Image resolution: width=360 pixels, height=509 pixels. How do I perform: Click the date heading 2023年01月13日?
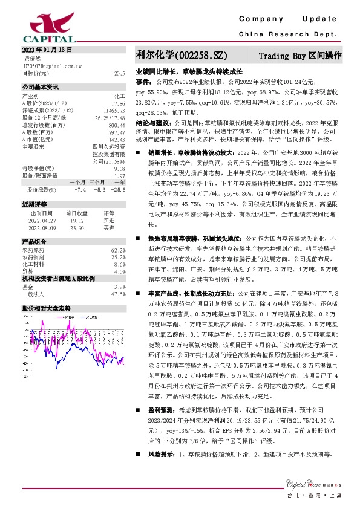(x=47, y=49)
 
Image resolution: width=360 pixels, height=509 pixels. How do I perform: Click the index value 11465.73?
(x=114, y=111)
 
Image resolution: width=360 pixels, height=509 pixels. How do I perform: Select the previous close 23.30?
(x=77, y=228)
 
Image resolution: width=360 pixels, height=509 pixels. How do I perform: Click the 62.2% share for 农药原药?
(x=118, y=250)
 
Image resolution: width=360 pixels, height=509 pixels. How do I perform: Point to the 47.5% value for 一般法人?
(x=118, y=294)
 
